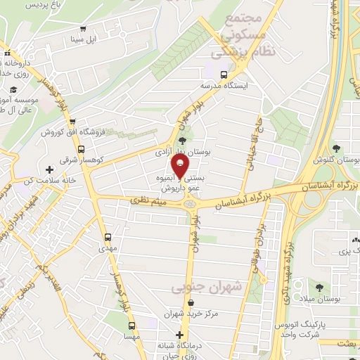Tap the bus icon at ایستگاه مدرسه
click(x=224, y=74)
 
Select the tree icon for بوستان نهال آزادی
click(x=183, y=141)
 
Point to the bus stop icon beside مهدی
click(x=108, y=238)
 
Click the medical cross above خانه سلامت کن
click(x=49, y=169)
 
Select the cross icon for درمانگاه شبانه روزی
click(x=180, y=335)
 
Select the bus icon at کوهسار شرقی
click(x=82, y=150)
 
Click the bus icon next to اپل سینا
click(x=84, y=29)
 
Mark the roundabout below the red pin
click(x=188, y=204)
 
